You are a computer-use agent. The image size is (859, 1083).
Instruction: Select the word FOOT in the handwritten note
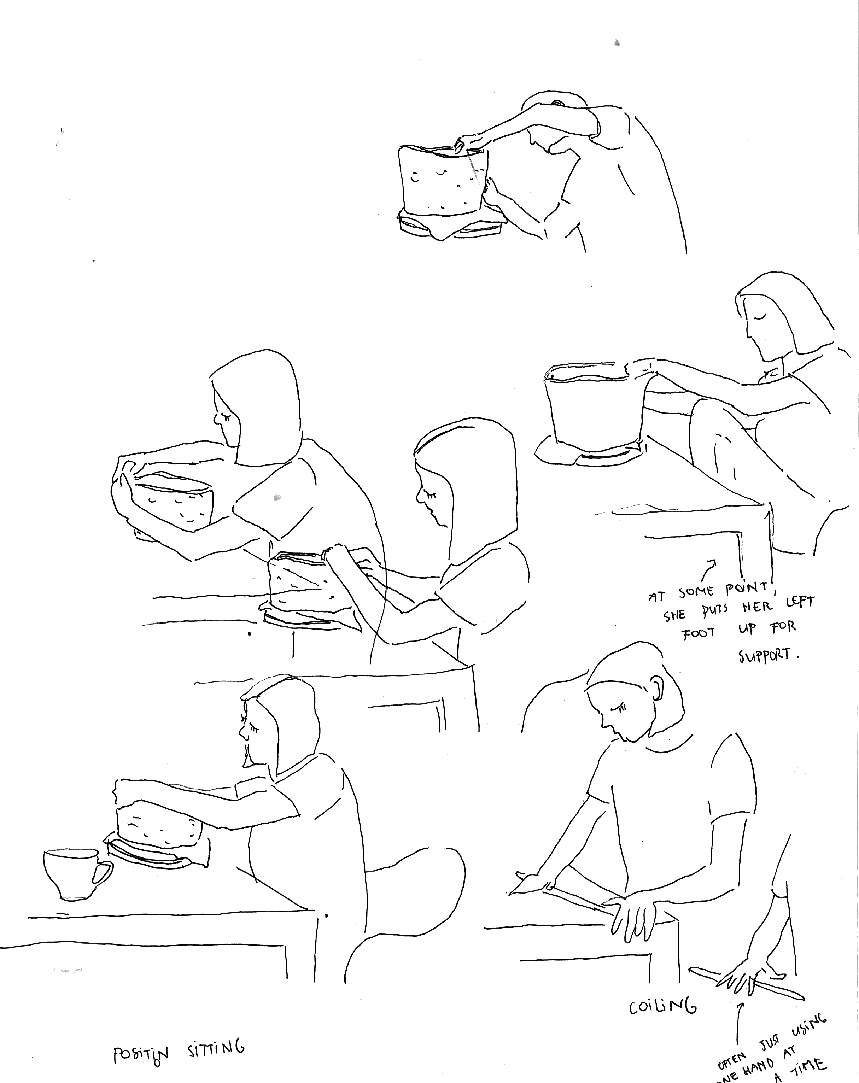click(x=698, y=632)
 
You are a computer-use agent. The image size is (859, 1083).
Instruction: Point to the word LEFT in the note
click(x=799, y=602)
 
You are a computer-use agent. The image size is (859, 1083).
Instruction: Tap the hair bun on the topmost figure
click(x=557, y=103)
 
